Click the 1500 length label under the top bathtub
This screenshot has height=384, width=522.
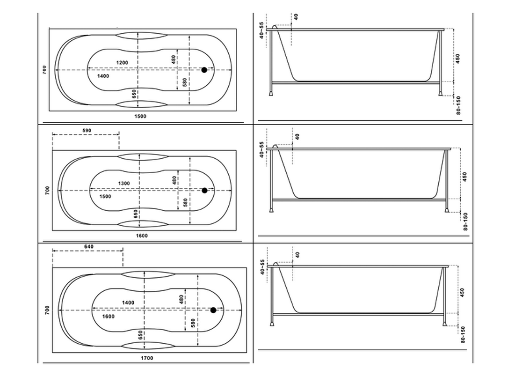click(x=140, y=116)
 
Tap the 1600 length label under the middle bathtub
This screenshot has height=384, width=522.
click(x=142, y=236)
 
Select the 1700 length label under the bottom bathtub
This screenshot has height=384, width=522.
click(x=146, y=358)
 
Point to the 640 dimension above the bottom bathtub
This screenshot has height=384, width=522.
click(x=88, y=247)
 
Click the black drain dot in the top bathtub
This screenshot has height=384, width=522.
click(x=204, y=70)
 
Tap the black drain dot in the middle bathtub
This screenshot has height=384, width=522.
click(x=204, y=190)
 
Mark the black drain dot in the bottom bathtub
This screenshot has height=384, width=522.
click(x=213, y=310)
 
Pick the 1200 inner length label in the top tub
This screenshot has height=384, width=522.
click(x=122, y=62)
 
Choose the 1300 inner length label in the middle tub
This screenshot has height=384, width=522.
click(x=124, y=183)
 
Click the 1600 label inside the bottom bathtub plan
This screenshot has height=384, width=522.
click(x=108, y=317)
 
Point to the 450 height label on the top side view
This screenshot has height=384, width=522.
click(x=458, y=58)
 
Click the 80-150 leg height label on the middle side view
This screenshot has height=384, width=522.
click(x=465, y=222)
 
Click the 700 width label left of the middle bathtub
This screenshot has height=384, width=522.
click(x=47, y=190)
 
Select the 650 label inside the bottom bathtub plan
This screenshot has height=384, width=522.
click(x=140, y=335)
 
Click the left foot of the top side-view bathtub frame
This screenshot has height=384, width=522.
click(x=272, y=93)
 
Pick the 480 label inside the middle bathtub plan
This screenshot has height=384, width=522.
click(x=174, y=180)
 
